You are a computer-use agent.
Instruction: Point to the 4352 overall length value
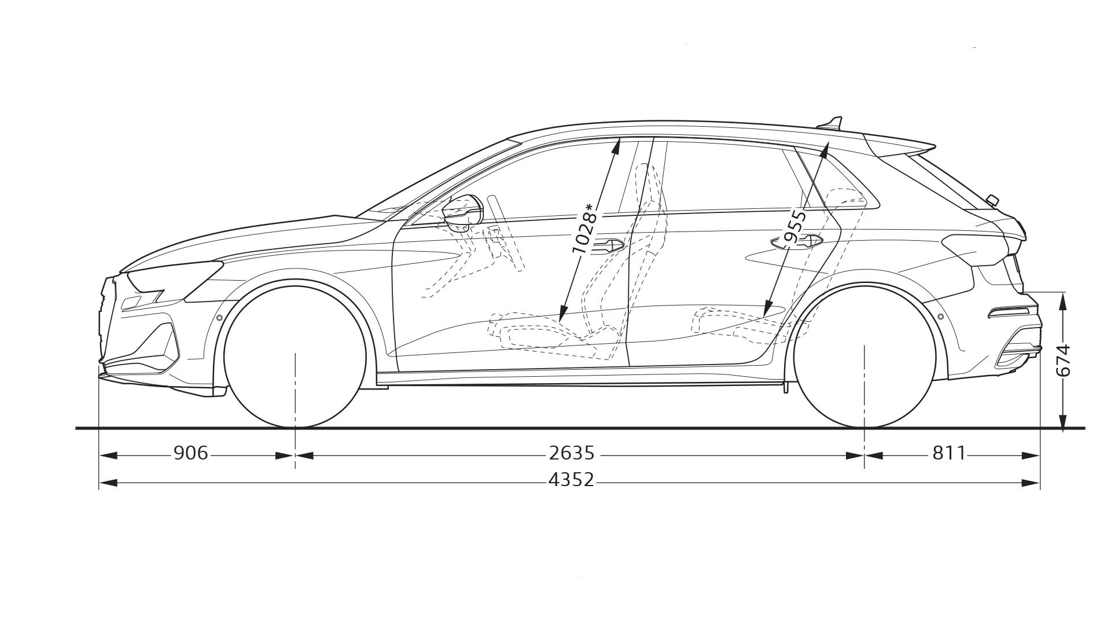pyautogui.click(x=572, y=480)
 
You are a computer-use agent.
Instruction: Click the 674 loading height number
pyautogui.click(x=1063, y=361)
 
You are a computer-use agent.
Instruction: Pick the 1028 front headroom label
pyautogui.click(x=584, y=229)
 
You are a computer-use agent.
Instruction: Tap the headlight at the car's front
pyautogui.click(x=174, y=278)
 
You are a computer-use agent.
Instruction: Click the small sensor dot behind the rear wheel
pyautogui.click(x=940, y=317)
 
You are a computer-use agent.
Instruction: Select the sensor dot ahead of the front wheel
pyautogui.click(x=219, y=318)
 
